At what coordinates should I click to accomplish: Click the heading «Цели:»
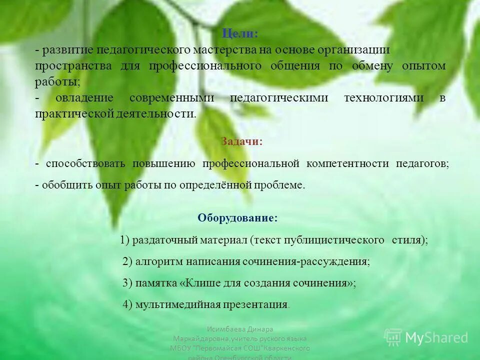[x=240, y=34]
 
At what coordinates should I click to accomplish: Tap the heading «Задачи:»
[x=241, y=141]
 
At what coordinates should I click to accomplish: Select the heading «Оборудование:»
[x=237, y=218]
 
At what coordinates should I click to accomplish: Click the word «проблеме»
[x=280, y=185]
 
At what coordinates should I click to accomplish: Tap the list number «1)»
[x=125, y=240]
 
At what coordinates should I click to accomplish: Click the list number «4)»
[x=127, y=304]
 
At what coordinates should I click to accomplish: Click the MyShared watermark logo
[x=426, y=337]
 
